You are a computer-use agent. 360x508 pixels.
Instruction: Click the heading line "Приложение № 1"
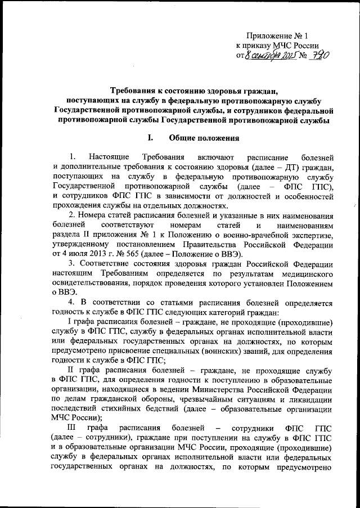[277, 35]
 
